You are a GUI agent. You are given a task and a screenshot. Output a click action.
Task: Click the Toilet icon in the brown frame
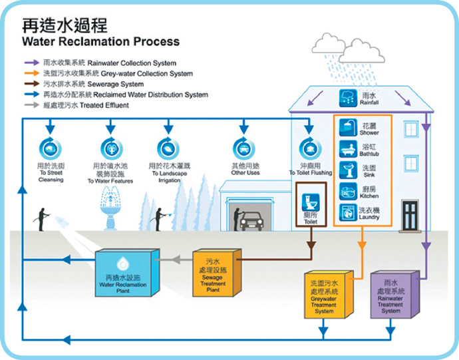[311, 202]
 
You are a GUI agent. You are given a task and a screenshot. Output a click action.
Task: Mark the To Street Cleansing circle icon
[51, 148]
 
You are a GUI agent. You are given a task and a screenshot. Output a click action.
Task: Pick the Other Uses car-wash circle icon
[245, 148]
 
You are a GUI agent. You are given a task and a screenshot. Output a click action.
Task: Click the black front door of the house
[410, 215]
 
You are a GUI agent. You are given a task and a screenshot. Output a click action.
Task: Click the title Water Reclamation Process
[100, 41]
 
